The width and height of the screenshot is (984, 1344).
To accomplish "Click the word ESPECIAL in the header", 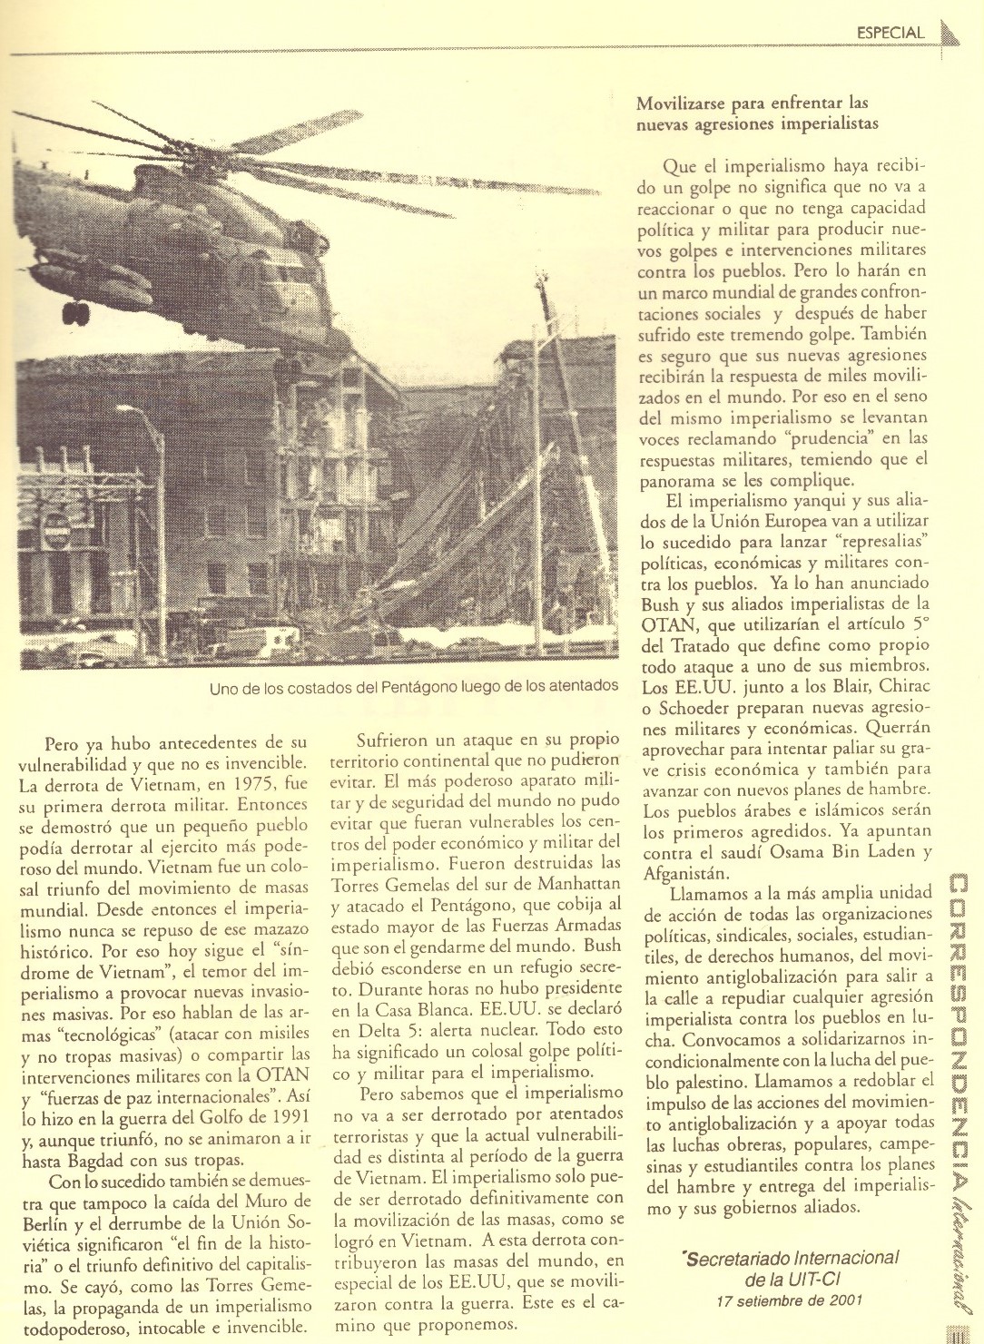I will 890,34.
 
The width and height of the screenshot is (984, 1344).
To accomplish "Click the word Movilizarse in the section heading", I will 682,103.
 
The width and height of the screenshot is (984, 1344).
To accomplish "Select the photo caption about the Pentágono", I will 413,686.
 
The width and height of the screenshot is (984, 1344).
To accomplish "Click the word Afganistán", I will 686,873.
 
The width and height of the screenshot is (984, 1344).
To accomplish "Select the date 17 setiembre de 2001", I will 789,1300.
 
